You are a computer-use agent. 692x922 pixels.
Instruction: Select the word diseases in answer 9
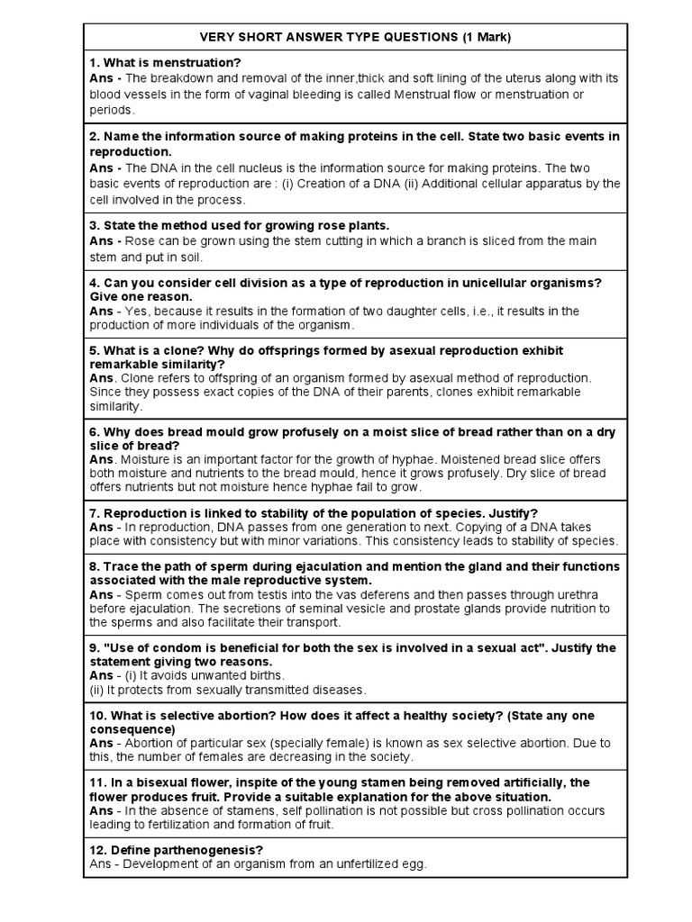pos(333,690)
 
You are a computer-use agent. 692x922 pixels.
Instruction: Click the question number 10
pos(97,716)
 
